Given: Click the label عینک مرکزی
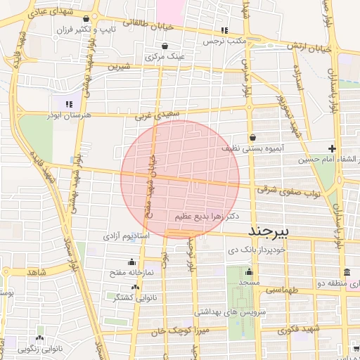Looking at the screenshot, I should click(165, 56).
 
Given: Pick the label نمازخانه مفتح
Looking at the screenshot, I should click(131, 271).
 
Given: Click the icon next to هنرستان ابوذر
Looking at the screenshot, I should click(69, 104).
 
